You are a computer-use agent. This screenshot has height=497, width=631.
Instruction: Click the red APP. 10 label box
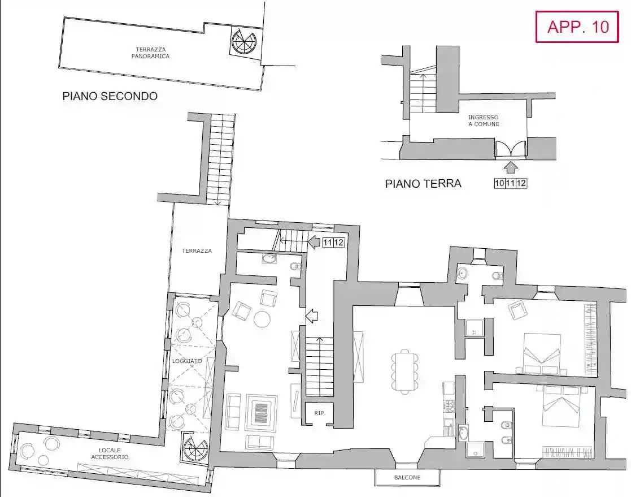tap(577, 27)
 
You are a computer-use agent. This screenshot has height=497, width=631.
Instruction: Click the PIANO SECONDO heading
tap(110, 97)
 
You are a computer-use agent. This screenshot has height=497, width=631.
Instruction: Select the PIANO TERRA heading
tap(423, 183)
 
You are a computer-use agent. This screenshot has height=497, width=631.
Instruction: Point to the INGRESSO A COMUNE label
tap(483, 121)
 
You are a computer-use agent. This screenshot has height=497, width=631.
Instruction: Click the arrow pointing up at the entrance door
tap(511, 167)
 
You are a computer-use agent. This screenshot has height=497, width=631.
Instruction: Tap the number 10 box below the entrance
tap(499, 183)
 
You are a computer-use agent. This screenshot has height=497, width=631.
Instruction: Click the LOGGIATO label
tap(184, 360)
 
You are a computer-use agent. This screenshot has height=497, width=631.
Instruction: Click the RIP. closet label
tap(320, 413)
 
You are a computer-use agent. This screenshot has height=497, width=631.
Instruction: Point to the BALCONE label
tap(407, 478)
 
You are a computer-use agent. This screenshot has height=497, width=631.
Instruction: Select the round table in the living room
tap(263, 319)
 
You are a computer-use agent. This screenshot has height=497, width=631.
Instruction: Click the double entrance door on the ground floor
tap(511, 149)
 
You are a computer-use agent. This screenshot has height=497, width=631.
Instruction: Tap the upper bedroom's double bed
tap(542, 353)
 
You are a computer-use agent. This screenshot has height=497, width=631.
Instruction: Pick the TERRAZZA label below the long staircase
tap(197, 250)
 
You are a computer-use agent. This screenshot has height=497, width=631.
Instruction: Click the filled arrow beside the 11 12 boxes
tap(314, 243)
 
